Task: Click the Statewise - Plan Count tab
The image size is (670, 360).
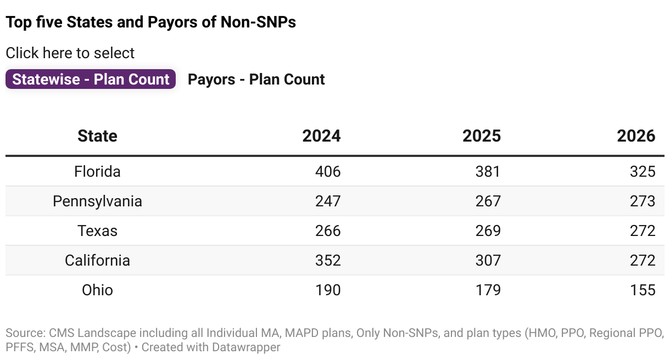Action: pyautogui.click(x=91, y=80)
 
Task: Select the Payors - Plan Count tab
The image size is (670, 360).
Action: pyautogui.click(x=256, y=80)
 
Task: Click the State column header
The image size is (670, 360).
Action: pyautogui.click(x=97, y=136)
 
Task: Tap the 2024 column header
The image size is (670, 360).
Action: pyautogui.click(x=321, y=136)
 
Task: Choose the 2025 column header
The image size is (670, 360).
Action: pyautogui.click(x=481, y=136)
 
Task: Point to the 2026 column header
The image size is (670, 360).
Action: pyautogui.click(x=636, y=136)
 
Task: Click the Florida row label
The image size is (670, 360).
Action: pyautogui.click(x=97, y=172)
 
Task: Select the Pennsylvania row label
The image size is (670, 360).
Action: pyautogui.click(x=97, y=201)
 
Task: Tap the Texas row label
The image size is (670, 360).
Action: pyautogui.click(x=97, y=231)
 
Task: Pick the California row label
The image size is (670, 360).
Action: pyautogui.click(x=97, y=260)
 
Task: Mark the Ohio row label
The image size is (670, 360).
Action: pyautogui.click(x=97, y=290)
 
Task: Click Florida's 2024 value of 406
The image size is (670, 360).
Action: pyautogui.click(x=328, y=172)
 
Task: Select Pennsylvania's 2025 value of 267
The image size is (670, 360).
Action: pyautogui.click(x=488, y=201)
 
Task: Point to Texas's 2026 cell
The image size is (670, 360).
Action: pyautogui.click(x=643, y=231)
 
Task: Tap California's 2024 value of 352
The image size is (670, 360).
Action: pyautogui.click(x=328, y=260)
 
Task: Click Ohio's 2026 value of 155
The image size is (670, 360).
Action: pyautogui.click(x=643, y=290)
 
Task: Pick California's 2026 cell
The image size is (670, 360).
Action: pyautogui.click(x=643, y=260)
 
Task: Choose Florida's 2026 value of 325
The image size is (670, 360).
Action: pyautogui.click(x=643, y=172)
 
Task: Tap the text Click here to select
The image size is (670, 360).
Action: pyautogui.click(x=70, y=53)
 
